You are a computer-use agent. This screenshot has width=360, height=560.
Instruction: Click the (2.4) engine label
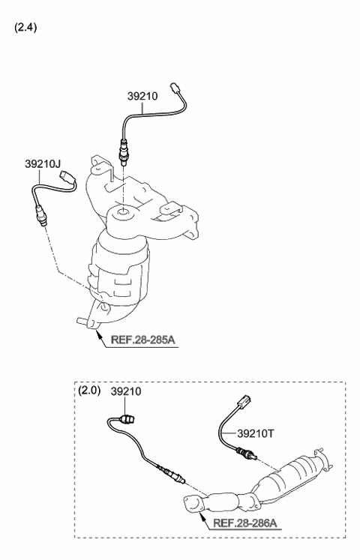[x=25, y=28]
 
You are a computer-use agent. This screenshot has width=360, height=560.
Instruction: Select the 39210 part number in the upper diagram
[x=142, y=96]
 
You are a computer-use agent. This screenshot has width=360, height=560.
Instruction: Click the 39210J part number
[x=43, y=164]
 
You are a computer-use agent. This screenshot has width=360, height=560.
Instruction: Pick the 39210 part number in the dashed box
[x=126, y=391]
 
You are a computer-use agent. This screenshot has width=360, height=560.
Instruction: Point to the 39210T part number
[x=255, y=433]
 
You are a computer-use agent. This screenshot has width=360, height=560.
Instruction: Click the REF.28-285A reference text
[x=142, y=340]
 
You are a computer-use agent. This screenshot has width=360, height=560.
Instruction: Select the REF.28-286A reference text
[x=245, y=523]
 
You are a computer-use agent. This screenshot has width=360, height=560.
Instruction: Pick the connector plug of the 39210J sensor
[x=66, y=176]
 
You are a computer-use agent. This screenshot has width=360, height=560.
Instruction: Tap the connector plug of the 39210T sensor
[x=244, y=400]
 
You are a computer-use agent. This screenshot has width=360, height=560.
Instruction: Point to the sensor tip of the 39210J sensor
[x=43, y=224]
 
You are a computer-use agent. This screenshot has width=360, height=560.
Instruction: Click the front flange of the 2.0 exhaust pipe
[x=193, y=505]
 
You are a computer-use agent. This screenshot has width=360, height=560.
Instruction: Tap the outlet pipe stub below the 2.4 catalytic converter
[x=83, y=322]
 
